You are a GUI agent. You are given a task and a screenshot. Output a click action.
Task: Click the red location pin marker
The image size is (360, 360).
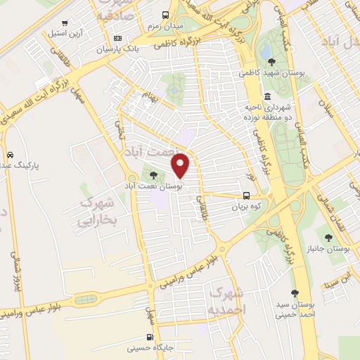[x=181, y=165]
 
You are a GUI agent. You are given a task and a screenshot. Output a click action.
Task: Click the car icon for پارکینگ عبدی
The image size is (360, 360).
[x=10, y=155]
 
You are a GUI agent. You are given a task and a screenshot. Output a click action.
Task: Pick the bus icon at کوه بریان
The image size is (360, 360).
[x=246, y=196]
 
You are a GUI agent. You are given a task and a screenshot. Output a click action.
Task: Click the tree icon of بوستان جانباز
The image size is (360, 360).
[x=328, y=237]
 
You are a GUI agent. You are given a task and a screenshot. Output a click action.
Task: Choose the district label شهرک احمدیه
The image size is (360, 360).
[x=228, y=302]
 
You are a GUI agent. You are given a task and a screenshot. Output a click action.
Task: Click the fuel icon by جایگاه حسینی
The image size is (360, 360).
[x=148, y=337]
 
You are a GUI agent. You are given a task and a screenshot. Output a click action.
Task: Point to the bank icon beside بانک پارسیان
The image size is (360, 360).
[x=117, y=38]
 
